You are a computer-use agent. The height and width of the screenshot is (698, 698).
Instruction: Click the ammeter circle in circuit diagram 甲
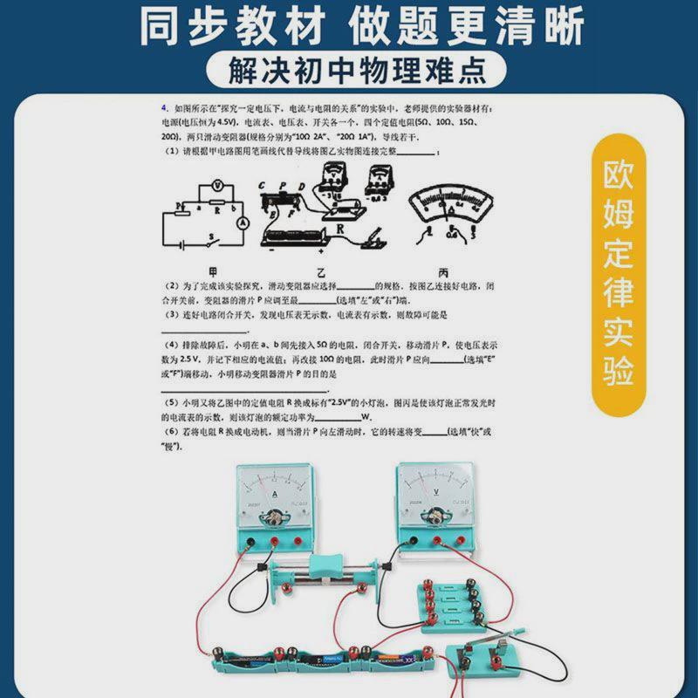245,223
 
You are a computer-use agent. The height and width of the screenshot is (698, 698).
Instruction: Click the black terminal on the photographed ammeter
251,543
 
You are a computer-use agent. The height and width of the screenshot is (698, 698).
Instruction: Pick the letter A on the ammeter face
276,495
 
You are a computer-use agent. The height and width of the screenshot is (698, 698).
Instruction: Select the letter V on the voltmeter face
434,495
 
